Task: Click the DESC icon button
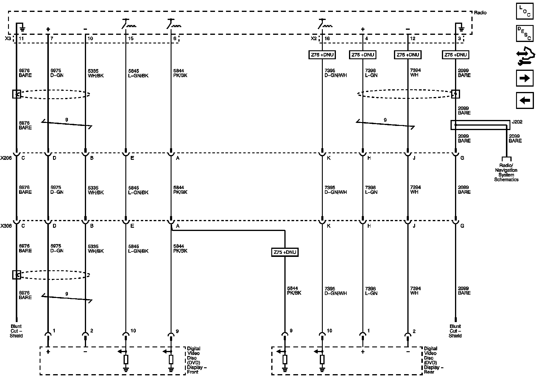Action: click(x=524, y=33)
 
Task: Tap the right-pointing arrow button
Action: click(x=524, y=78)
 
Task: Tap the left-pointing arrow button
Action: click(x=524, y=100)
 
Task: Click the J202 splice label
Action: click(x=517, y=122)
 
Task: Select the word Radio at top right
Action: click(x=480, y=13)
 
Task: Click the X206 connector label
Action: click(x=6, y=158)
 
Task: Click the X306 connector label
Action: click(x=6, y=226)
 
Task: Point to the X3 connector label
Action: click(x=8, y=38)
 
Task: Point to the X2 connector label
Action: click(x=314, y=38)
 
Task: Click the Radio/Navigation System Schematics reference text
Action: click(x=506, y=172)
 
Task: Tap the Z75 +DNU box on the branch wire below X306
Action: click(x=285, y=252)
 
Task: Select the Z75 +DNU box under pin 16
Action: click(x=322, y=55)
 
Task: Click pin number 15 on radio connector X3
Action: click(x=130, y=38)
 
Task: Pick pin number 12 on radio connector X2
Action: click(x=412, y=38)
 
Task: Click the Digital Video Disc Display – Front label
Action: click(x=195, y=360)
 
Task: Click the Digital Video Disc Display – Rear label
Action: click(x=432, y=360)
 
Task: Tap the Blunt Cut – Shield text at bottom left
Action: click(x=16, y=331)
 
